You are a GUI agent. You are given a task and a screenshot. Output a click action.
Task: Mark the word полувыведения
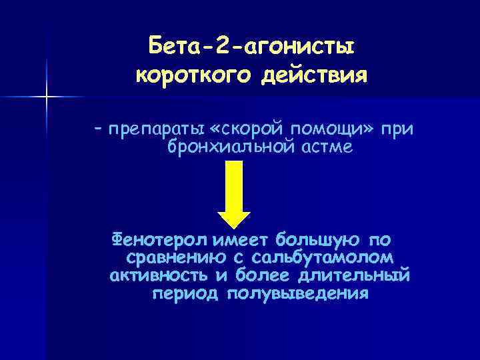coord(297,293)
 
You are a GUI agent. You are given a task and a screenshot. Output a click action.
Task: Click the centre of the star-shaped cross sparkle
coord(47,97)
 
